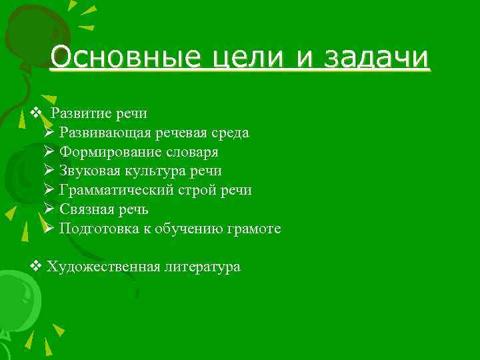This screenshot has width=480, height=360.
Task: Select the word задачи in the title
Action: pyautogui.click(x=376, y=58)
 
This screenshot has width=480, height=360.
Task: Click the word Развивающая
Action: pyautogui.click(x=105, y=133)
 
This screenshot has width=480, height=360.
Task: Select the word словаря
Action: pyautogui.click(x=191, y=152)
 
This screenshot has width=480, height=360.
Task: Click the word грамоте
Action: pyautogui.click(x=255, y=229)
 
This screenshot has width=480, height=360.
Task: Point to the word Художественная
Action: pyautogui.click(x=104, y=267)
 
